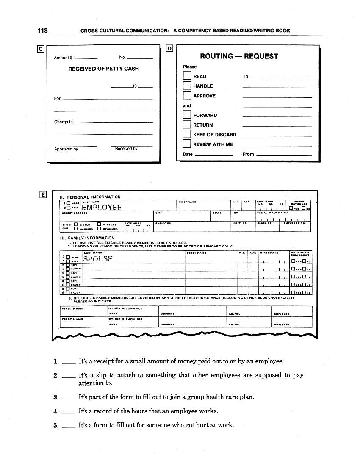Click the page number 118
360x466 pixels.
point(42,31)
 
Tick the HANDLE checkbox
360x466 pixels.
point(187,86)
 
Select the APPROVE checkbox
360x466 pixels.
point(187,96)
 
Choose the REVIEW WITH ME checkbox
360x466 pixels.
point(187,144)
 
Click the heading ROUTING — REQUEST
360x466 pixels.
point(239,56)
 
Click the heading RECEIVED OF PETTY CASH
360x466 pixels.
point(103,69)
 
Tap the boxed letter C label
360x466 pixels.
point(41,49)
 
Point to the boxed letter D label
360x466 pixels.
point(170,49)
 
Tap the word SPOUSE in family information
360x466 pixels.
point(98,258)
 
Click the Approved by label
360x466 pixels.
point(66,149)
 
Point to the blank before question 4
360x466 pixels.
point(68,412)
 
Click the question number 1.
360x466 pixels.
point(56,362)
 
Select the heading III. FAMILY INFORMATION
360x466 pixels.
point(87,238)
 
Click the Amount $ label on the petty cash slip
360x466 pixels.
point(63,58)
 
